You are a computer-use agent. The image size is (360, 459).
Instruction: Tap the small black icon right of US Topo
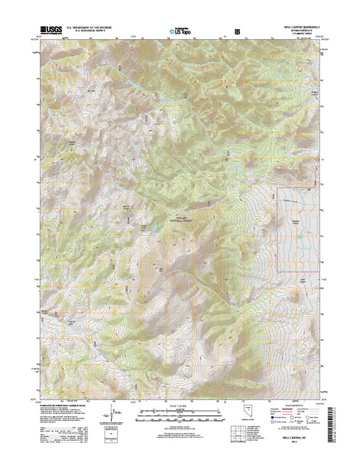pyautogui.click(x=236, y=34)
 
